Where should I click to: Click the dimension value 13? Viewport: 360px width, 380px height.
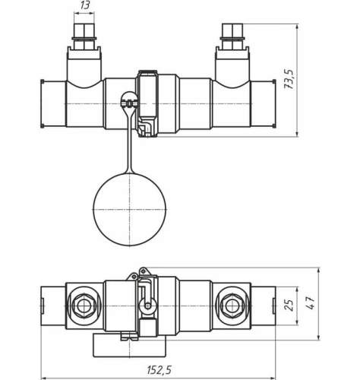tap(84, 5)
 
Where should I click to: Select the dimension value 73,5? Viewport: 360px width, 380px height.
tap(289, 79)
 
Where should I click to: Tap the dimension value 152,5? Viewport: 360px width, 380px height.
tap(159, 370)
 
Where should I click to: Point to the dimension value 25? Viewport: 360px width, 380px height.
tap(289, 306)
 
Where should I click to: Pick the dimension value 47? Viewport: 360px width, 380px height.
tap(311, 303)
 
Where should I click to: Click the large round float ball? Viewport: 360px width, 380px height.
tap(129, 210)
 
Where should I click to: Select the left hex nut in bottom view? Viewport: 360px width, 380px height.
tap(84, 306)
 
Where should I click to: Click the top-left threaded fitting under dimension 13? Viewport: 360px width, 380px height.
tap(84, 37)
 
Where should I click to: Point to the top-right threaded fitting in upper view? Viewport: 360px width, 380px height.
tap(232, 37)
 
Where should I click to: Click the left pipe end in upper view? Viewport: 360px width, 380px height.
tap(53, 104)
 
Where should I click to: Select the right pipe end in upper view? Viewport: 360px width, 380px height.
tap(264, 104)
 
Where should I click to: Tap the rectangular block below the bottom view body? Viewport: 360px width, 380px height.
tap(130, 345)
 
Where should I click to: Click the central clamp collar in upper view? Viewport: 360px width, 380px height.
tap(148, 104)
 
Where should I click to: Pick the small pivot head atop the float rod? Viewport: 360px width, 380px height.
tap(129, 100)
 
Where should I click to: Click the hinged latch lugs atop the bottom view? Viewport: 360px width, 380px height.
tap(138, 274)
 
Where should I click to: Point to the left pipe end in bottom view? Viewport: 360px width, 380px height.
tap(53, 306)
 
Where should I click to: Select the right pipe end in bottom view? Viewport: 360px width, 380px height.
tap(264, 306)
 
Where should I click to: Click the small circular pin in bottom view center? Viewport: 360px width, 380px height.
tap(148, 306)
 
